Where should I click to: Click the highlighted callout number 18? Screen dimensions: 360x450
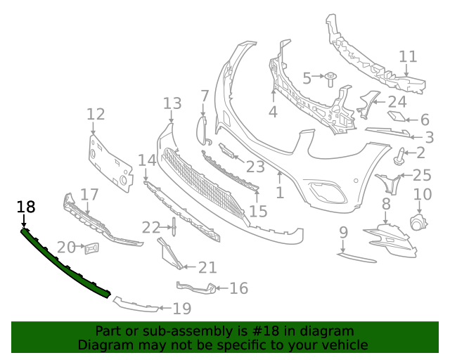[26, 207]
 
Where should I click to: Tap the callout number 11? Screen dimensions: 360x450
[408, 57]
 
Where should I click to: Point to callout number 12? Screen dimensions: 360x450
[96, 115]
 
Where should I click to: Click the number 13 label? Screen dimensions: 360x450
[172, 104]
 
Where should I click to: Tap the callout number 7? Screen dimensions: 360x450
[205, 96]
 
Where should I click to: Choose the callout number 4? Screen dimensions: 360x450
[272, 111]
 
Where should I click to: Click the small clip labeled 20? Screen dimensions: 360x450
[91, 247]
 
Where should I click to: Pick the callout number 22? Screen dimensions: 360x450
[151, 227]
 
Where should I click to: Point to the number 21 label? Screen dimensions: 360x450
[207, 268]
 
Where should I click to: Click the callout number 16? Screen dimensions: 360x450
[239, 288]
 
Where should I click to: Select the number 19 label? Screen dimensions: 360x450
[182, 308]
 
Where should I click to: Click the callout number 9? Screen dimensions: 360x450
[343, 232]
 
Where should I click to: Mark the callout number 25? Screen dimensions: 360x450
[422, 175]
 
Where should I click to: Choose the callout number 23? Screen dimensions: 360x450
[255, 167]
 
